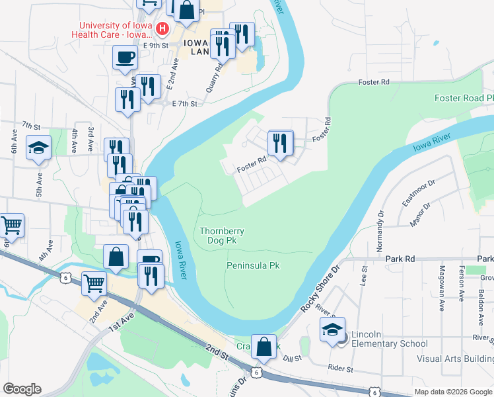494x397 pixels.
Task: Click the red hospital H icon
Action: (162, 30)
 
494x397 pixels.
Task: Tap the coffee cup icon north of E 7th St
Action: (125, 57)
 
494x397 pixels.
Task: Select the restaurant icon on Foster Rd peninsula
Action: (281, 143)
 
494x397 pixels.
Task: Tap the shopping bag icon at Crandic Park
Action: (264, 347)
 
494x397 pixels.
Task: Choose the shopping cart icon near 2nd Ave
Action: (94, 283)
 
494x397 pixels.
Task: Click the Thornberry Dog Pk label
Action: (222, 236)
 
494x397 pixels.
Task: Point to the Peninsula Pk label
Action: (253, 265)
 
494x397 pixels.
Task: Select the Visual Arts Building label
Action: (454, 359)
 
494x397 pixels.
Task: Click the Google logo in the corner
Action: (22, 389)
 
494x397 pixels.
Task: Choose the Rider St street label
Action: (340, 369)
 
